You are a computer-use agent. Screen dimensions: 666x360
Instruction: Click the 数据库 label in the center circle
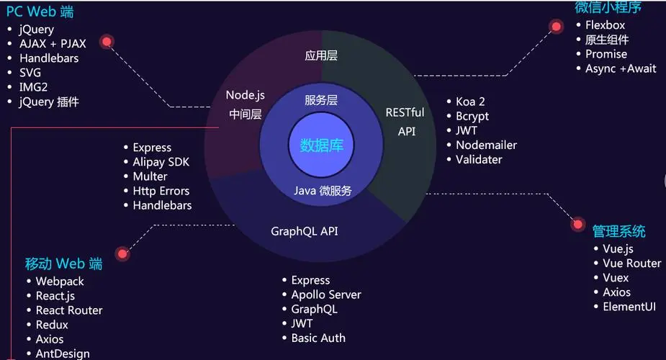pos(322,145)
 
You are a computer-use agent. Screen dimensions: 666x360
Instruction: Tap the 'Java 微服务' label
pos(323,191)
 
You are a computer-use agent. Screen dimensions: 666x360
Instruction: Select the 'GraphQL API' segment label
pos(305,231)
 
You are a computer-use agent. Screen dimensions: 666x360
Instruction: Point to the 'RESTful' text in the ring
pos(405,112)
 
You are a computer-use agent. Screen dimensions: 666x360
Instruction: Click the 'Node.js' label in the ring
pos(245,95)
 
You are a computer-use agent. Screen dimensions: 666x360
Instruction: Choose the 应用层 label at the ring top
pos(321,55)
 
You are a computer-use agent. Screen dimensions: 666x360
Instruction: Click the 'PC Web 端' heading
pos(40,12)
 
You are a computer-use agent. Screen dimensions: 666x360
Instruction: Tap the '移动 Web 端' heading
pos(63,264)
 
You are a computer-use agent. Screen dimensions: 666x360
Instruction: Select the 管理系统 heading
pos(619,231)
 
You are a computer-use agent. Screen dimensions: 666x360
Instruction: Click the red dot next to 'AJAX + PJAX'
pos(107,42)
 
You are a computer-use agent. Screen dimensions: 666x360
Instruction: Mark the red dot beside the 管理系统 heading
pos(577,224)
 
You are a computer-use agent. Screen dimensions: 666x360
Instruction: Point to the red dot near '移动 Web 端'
pos(122,254)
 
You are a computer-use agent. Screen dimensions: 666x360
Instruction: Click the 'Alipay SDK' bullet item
pos(161,162)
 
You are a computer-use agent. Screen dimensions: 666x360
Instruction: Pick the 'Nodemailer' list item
pos(486,145)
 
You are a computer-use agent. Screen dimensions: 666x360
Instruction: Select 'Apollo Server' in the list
pos(326,294)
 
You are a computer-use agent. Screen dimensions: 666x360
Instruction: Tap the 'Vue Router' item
pos(632,264)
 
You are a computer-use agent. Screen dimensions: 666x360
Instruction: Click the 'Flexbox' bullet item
pos(606,25)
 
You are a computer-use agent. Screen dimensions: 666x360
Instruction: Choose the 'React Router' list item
pos(69,310)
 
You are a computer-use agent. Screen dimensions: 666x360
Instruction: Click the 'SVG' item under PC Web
pos(30,73)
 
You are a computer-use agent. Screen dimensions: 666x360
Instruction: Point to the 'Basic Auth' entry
pos(318,338)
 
